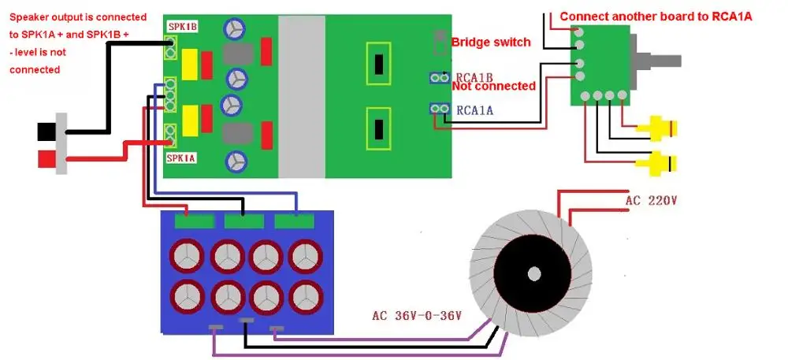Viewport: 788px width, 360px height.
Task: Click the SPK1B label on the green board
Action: [182, 26]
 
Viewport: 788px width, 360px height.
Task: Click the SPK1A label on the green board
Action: [181, 158]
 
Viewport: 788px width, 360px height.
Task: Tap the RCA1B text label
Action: [474, 77]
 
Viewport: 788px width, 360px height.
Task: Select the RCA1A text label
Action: [474, 111]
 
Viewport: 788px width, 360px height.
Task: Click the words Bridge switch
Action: [491, 41]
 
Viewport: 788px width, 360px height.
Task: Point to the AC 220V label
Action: [652, 201]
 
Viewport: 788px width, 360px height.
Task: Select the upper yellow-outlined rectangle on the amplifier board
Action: [380, 62]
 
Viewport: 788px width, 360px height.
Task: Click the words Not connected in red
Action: [494, 86]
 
